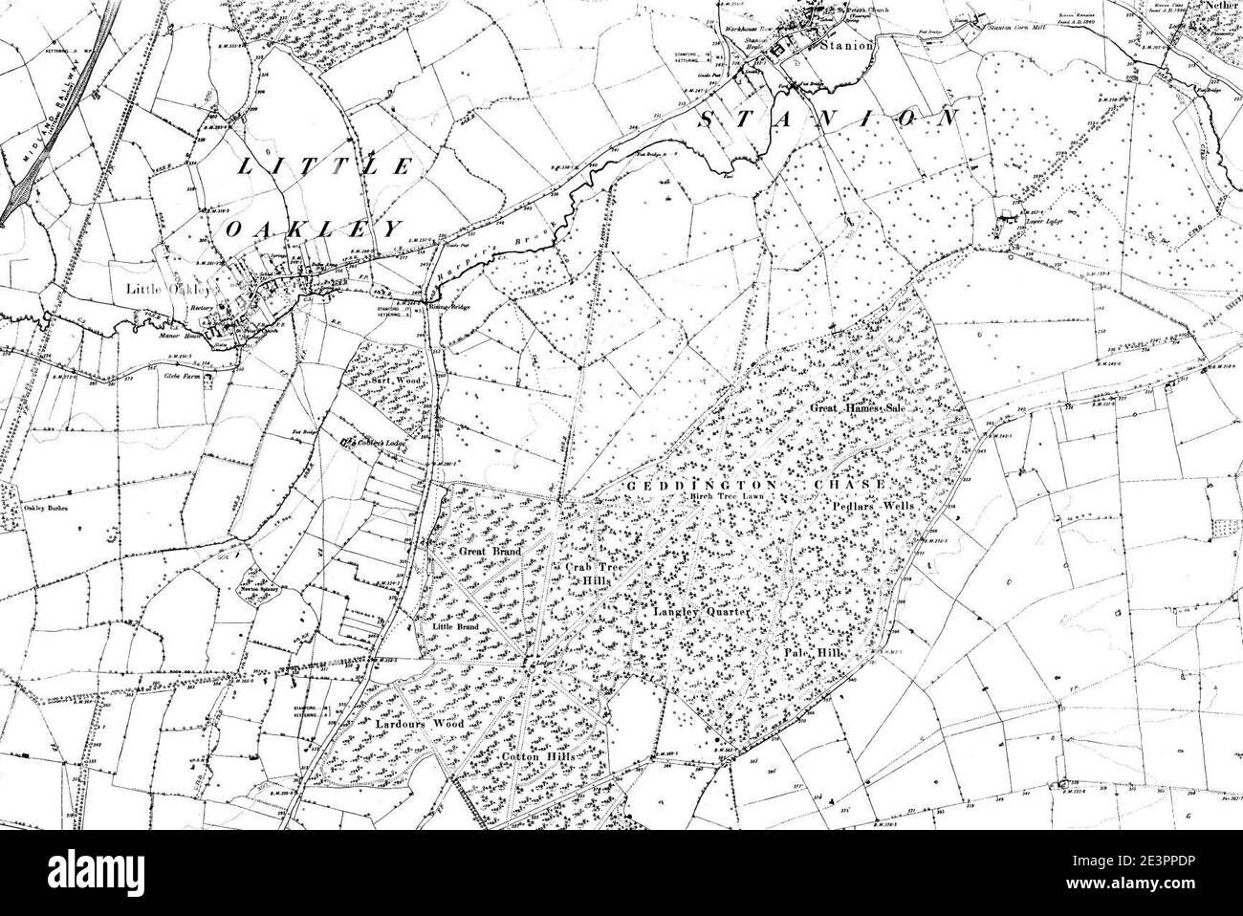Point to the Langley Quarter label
point(698,610)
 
